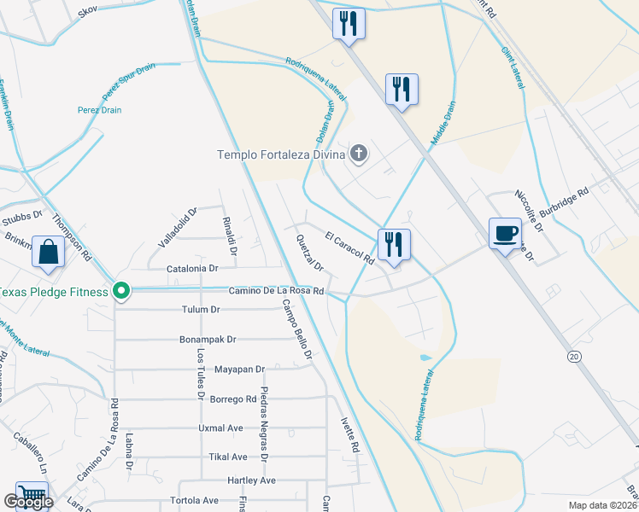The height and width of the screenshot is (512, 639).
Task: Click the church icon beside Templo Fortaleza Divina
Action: click(359, 154)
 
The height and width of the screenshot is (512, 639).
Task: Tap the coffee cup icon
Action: click(505, 233)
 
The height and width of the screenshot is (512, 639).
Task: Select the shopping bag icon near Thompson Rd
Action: click(49, 252)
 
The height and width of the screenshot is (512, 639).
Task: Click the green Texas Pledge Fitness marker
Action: click(121, 292)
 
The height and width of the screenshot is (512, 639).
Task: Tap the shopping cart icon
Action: click(32, 496)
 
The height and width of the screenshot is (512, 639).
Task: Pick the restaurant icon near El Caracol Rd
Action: click(394, 243)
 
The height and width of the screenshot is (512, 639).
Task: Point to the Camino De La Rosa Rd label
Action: click(275, 291)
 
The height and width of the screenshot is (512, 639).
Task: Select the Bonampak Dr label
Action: click(208, 339)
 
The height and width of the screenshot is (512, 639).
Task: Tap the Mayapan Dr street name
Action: click(237, 369)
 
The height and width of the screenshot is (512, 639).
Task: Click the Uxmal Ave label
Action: click(220, 428)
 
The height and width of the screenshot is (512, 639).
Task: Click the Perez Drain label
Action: click(124, 110)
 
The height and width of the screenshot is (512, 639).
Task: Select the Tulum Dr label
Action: click(201, 309)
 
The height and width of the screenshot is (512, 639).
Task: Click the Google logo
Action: click(27, 503)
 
